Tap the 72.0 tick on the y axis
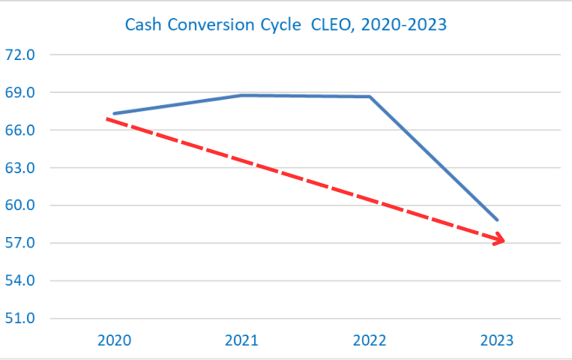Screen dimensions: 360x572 coord(21,55)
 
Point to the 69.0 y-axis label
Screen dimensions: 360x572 coord(21,93)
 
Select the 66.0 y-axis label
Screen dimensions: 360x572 coord(21,130)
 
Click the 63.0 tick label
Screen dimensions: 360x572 coord(21,168)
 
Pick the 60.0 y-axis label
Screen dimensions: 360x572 coord(21,205)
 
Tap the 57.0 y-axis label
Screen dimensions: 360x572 coord(21,243)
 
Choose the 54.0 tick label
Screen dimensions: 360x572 coord(21,280)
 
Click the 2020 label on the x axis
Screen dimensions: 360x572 coord(114,340)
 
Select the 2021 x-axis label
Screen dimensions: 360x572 coord(241,340)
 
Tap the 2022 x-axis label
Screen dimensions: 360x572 coord(370,340)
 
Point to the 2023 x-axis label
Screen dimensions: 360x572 coord(497,340)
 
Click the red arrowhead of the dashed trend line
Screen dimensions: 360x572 coord(499,240)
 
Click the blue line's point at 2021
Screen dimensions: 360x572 coord(241,95)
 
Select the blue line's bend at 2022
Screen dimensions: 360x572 coord(370,97)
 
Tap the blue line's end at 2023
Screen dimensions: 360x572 coord(497,220)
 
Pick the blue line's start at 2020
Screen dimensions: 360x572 coord(114,114)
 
